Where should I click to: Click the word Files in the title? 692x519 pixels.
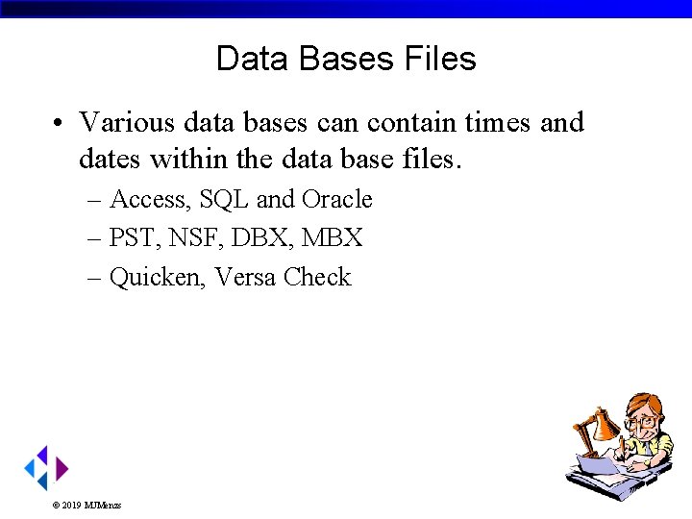[x=440, y=60]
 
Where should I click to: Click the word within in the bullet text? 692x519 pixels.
[x=185, y=159]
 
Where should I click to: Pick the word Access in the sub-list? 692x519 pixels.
[x=150, y=200]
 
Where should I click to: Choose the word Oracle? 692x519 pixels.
[x=336, y=200]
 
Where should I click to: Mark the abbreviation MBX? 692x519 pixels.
[x=333, y=238]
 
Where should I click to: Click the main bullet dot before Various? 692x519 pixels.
[x=60, y=124]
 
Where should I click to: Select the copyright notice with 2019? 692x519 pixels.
[x=86, y=505]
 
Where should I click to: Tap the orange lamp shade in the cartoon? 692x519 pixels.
[x=605, y=423]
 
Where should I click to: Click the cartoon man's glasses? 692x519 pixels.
[x=641, y=421]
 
